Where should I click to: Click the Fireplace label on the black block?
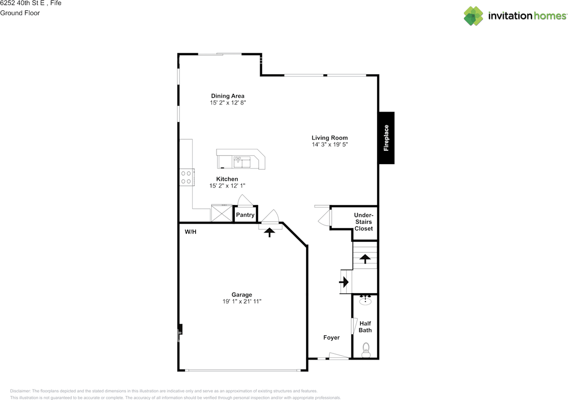[386, 138]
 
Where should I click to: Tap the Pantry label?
[245, 215]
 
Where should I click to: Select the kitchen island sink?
[242, 162]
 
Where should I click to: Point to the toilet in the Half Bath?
[366, 350]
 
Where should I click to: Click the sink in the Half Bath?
[365, 300]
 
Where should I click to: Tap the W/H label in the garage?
[190, 231]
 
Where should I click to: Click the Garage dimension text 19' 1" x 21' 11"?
[242, 302]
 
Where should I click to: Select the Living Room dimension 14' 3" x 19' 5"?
[330, 145]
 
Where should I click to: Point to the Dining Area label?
[228, 96]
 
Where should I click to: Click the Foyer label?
[331, 337]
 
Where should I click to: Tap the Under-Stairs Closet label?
[363, 222]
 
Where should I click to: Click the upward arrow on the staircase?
[365, 259]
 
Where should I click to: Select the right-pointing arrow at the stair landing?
[344, 282]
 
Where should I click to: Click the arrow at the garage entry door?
[269, 232]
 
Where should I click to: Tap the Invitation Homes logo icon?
[473, 16]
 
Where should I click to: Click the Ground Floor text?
[20, 13]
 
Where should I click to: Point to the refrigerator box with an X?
[222, 213]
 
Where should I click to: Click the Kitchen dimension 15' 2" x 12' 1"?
[227, 186]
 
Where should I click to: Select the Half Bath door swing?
[354, 326]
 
